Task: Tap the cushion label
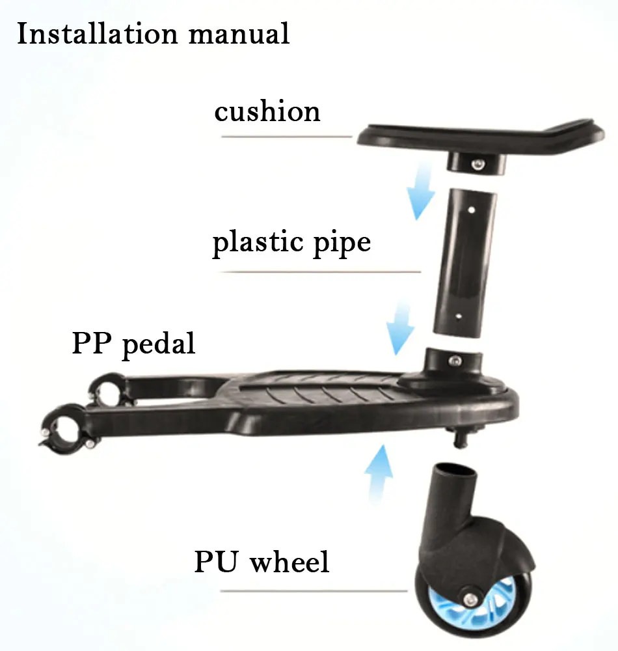(267, 112)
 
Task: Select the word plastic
(258, 243)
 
